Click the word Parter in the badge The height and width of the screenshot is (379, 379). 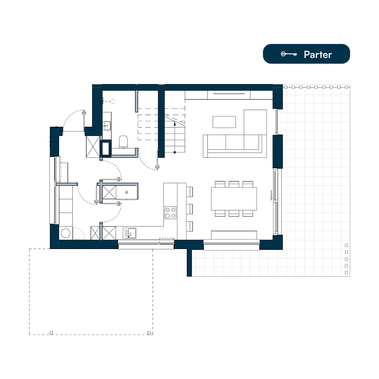point(318,55)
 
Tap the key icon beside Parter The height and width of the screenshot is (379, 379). point(288,54)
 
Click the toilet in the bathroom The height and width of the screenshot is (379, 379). point(123,142)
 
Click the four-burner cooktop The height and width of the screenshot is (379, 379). point(171,213)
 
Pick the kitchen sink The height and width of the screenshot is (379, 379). point(130,233)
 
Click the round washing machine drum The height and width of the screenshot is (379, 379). point(66,233)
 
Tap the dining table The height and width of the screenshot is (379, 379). point(234,199)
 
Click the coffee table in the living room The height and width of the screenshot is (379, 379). point(224,122)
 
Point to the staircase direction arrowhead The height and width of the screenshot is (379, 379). point(174,124)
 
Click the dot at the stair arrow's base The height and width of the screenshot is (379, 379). point(174,152)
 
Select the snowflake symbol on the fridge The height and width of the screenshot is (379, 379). point(127,193)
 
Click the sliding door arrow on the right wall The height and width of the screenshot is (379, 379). point(271,195)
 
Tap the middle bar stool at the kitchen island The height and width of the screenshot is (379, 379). point(190,209)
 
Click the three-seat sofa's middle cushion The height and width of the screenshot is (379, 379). point(235,143)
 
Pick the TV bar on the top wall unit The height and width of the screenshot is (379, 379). point(229,94)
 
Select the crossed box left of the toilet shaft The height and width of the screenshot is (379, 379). point(93,147)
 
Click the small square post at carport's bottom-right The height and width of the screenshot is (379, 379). point(149,333)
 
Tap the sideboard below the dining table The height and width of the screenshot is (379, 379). point(234,235)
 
